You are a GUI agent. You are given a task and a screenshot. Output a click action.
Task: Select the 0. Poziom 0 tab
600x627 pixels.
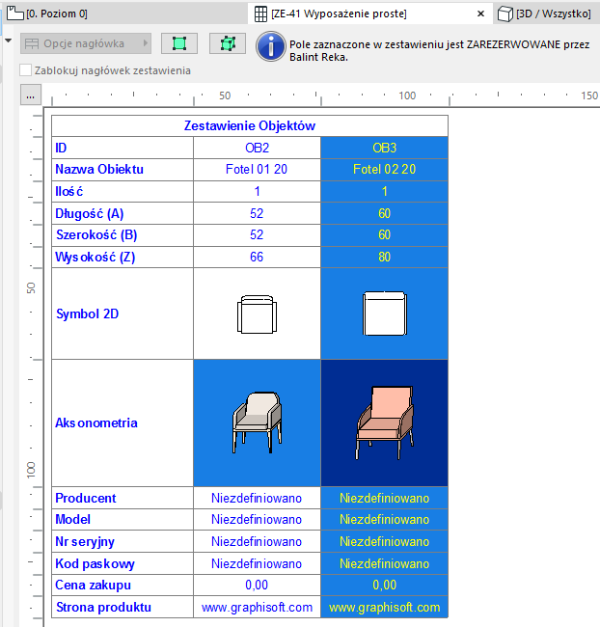tap(58, 14)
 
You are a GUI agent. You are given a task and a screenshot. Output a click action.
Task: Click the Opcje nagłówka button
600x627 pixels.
tap(86, 44)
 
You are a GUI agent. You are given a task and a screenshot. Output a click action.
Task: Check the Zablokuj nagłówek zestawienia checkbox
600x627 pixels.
tap(26, 70)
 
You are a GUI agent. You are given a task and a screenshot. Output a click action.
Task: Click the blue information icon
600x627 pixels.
tap(271, 45)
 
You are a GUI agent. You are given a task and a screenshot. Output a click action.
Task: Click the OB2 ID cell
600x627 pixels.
tap(257, 148)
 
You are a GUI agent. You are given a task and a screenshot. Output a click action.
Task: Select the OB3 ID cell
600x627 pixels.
tap(384, 148)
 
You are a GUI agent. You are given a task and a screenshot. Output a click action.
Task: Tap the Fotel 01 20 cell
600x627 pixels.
tap(257, 169)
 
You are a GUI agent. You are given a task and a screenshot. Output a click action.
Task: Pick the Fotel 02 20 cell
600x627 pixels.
tap(384, 169)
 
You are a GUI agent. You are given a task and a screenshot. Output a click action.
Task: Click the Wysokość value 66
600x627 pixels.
tap(257, 256)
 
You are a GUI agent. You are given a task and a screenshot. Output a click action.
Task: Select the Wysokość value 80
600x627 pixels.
tap(384, 256)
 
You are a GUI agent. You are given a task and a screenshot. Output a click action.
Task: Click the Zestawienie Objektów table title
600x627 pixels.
tap(249, 125)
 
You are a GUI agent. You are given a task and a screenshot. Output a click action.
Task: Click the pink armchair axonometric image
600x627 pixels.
tap(384, 422)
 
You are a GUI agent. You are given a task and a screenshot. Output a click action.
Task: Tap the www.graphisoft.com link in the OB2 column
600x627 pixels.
tap(257, 608)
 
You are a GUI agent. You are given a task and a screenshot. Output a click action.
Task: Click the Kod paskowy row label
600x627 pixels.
tap(95, 563)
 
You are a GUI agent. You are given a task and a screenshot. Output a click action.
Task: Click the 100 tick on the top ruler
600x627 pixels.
tap(406, 96)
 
